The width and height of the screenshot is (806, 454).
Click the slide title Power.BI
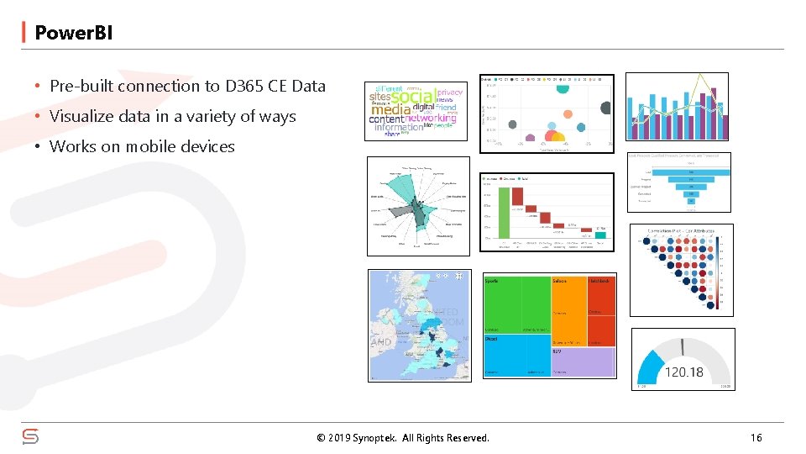[73, 33]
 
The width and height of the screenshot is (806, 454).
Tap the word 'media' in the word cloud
[391, 109]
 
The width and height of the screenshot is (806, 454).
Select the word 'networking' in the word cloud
[432, 119]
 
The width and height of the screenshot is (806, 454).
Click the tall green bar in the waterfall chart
[504, 212]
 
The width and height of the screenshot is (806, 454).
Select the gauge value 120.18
[683, 372]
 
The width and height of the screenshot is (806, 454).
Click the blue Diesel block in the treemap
[516, 356]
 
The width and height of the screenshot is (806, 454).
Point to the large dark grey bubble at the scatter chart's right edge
[605, 108]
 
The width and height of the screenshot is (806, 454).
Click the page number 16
[756, 437]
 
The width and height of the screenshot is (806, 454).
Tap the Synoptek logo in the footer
[30, 436]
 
